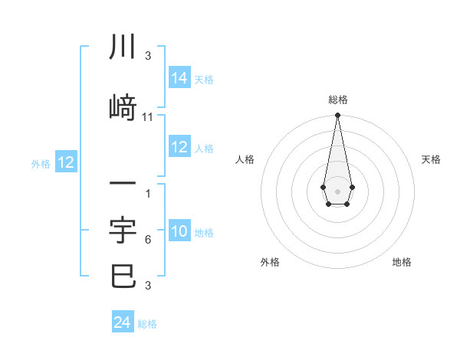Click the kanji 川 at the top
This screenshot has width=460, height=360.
click(123, 47)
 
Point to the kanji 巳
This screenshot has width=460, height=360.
click(123, 276)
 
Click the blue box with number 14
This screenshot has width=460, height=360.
click(179, 78)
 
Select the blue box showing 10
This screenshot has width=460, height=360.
click(179, 232)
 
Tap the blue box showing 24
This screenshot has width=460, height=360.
click(123, 322)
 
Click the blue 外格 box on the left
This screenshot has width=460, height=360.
click(65, 162)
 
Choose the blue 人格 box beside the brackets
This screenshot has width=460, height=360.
click(179, 148)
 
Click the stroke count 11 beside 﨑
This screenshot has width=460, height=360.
click(148, 117)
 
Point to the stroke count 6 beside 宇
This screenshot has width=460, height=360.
click(147, 240)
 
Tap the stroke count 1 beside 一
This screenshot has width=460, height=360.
click(147, 193)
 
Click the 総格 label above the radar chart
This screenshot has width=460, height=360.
click(338, 100)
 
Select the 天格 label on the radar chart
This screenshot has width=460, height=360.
click(432, 159)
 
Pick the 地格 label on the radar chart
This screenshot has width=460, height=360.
click(402, 262)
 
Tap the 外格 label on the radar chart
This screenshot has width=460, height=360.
click(270, 262)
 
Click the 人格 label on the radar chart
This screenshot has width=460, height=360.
click(245, 159)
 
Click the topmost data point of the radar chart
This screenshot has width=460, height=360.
click(337, 116)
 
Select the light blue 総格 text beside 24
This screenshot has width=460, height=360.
click(147, 324)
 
